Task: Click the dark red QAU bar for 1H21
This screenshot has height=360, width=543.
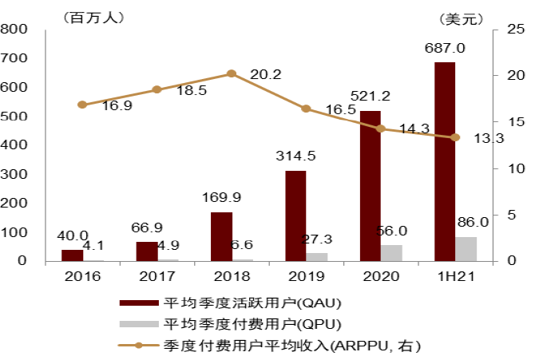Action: (445, 161)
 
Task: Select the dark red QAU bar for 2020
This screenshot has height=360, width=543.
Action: (370, 185)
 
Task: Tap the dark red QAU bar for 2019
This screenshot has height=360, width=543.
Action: (295, 216)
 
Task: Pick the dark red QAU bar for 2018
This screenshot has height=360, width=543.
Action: (221, 236)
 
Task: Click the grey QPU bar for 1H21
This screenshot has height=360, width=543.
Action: (466, 248)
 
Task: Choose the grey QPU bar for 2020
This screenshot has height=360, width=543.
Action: (391, 252)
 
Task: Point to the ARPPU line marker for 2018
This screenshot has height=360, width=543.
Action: (232, 73)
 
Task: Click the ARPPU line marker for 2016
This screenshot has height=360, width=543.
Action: (82, 105)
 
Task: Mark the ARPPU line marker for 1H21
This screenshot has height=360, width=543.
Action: (455, 137)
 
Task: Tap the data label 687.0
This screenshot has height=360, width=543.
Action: (446, 48)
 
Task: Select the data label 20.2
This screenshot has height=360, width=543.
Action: (266, 75)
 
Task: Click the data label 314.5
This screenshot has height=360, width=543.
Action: (296, 156)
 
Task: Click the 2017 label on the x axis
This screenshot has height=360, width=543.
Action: (157, 276)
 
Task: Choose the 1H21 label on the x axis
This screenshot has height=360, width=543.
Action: (455, 276)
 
